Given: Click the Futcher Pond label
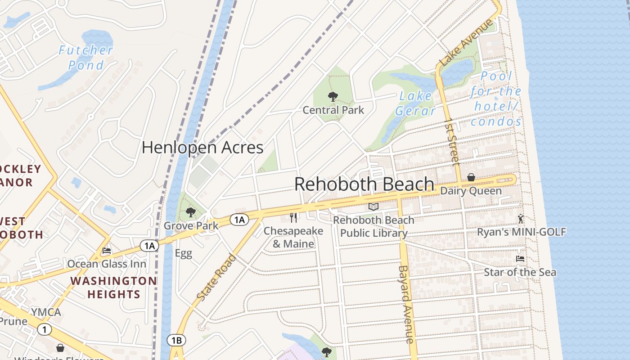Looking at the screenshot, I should (x=85, y=58).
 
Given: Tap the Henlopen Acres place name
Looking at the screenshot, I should (x=202, y=148).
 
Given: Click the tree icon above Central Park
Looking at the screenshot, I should (x=333, y=96).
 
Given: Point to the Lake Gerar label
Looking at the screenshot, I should (x=416, y=103).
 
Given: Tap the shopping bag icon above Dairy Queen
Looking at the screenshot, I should (x=471, y=177).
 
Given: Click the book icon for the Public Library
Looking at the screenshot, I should (x=373, y=207).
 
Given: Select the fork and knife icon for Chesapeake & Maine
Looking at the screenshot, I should (x=293, y=218).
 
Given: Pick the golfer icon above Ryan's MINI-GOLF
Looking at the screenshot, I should (x=521, y=219).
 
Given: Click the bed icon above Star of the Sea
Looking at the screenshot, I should (x=520, y=259).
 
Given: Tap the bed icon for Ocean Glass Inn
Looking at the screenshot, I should (x=107, y=251).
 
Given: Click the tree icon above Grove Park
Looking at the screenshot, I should (x=191, y=212).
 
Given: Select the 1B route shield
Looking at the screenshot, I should (x=176, y=340).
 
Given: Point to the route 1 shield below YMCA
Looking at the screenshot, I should (x=44, y=329).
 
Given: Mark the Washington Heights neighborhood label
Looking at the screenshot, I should (x=113, y=288).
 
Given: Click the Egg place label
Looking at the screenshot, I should (x=183, y=253).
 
